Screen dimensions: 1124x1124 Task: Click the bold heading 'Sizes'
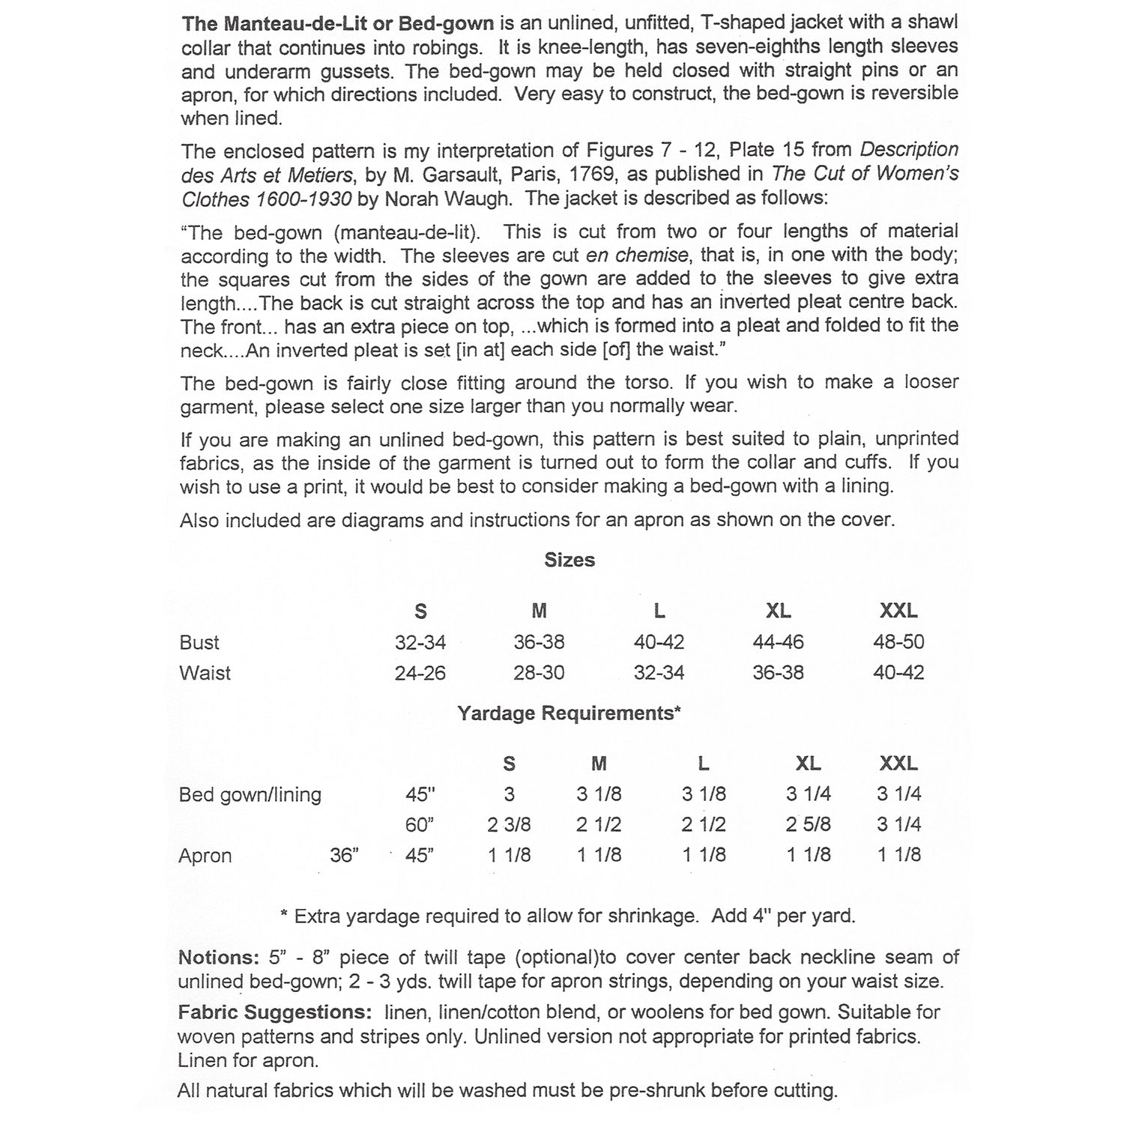point(569,560)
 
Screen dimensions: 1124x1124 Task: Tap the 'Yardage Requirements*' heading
point(569,713)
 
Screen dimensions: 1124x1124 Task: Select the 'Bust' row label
point(199,642)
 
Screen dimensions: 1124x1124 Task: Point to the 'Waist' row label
point(205,673)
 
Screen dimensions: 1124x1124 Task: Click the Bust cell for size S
point(420,642)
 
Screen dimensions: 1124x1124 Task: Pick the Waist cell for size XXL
point(898,673)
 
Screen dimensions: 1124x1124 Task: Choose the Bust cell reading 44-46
point(778,642)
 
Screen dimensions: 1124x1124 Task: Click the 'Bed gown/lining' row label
point(250,794)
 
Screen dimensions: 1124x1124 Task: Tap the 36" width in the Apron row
point(344,855)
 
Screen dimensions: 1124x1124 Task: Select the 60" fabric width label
point(420,825)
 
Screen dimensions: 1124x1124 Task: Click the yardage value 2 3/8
point(509,825)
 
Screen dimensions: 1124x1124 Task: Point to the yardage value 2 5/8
point(808,825)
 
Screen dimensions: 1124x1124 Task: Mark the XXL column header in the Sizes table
point(898,611)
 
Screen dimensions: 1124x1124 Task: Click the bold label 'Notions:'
point(219,958)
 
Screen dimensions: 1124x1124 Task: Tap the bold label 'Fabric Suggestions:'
point(274,1012)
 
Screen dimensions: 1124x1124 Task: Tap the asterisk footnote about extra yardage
point(567,916)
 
